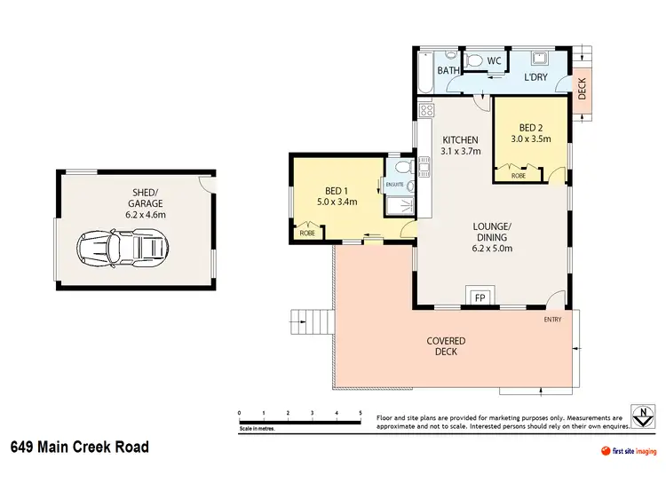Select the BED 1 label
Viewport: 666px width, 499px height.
336,190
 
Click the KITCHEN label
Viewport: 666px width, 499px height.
461,139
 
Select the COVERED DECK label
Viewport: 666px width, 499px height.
446,346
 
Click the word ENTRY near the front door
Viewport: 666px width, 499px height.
552,320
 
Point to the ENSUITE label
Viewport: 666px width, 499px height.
394,185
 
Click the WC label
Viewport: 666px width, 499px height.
495,60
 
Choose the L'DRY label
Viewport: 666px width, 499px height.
535,78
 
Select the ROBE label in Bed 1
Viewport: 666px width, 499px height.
307,233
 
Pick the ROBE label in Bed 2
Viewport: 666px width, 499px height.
518,176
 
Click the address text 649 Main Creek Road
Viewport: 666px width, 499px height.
80,447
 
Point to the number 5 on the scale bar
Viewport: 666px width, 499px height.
360,414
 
